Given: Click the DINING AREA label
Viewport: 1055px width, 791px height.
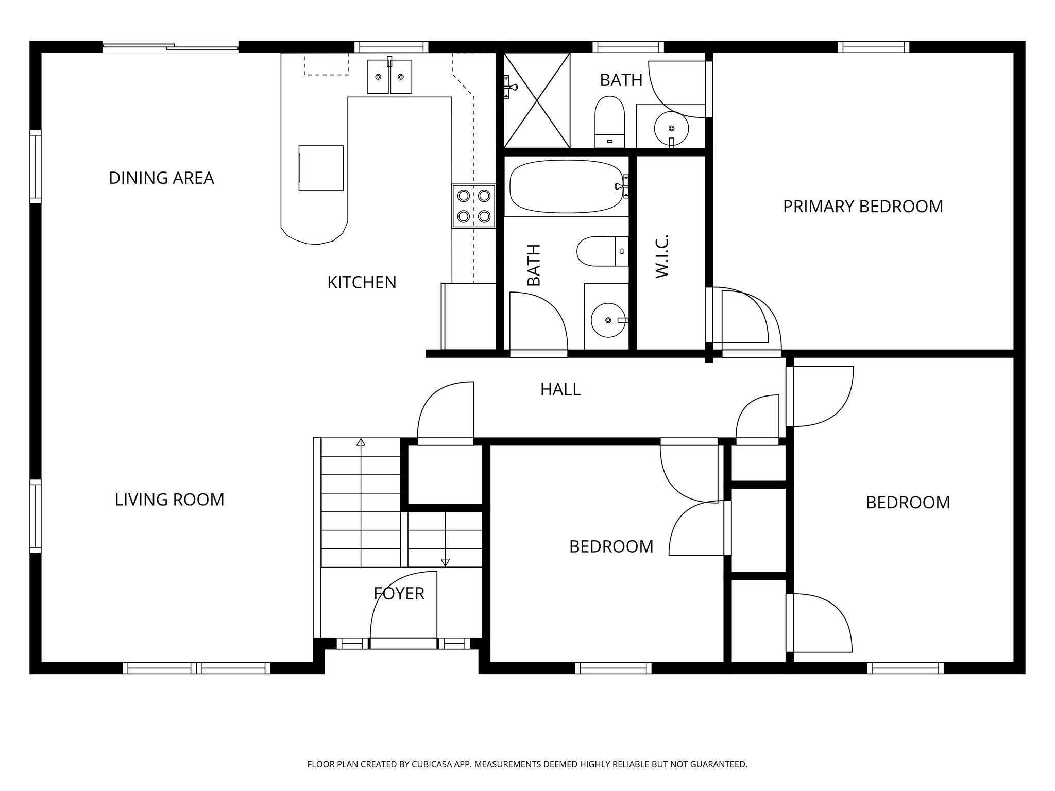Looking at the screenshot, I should coord(161,178).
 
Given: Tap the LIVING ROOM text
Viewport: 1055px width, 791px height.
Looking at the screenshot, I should coord(169,500).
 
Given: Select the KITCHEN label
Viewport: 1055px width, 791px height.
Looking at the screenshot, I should coord(362,283).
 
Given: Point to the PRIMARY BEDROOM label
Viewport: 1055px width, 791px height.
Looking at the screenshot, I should coord(863,207).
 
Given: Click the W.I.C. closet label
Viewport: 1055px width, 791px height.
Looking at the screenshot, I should coord(662,256).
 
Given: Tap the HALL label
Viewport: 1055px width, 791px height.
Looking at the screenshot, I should coord(560,390).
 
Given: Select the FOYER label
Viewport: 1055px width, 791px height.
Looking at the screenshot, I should coord(399,594).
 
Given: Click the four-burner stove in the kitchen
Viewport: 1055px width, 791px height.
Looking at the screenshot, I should coord(473,206).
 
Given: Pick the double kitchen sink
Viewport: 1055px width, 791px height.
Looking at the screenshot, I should coord(389,77).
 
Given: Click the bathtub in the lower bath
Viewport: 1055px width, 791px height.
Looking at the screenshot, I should coord(566,186).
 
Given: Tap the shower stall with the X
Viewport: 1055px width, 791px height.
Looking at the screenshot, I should coord(537,100).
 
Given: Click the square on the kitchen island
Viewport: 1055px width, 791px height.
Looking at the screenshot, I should coord(321,168).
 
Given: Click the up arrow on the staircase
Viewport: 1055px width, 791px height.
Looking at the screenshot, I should coord(361,442).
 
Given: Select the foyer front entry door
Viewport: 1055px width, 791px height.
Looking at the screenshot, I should coord(403,643).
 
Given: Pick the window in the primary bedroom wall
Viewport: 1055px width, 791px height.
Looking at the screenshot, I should coord(873,47).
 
